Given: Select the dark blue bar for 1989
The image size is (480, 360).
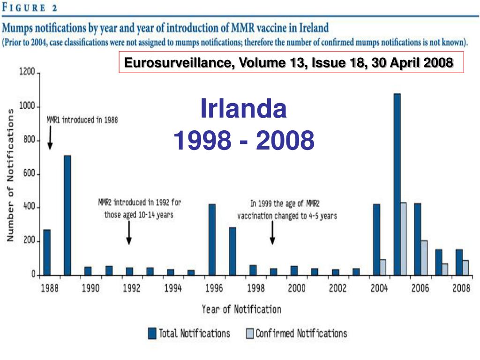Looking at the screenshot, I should click(x=67, y=215).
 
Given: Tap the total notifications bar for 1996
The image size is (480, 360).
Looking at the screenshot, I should click(x=212, y=240).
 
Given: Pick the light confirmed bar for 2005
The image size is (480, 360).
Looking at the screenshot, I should click(x=403, y=239).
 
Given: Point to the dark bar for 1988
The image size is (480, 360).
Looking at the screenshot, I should click(x=47, y=252).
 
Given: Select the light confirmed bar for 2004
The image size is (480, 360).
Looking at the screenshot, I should click(x=382, y=267).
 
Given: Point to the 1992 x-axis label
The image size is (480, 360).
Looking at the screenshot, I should click(x=132, y=288).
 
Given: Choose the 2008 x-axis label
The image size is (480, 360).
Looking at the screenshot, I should click(x=461, y=288).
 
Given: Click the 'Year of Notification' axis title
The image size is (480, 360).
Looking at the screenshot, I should click(x=241, y=309).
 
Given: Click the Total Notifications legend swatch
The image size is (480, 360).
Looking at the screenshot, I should click(x=152, y=333).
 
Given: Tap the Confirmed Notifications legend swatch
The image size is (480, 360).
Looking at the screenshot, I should click(x=249, y=333).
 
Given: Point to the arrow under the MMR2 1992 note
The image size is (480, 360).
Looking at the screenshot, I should click(x=129, y=233).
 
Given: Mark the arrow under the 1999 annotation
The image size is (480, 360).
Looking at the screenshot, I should click(x=272, y=233).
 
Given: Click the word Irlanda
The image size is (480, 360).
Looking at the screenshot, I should click(x=243, y=109).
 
